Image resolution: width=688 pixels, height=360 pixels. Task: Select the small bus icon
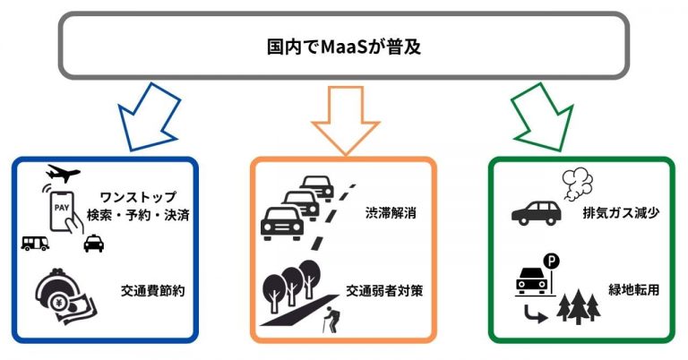(x=34, y=244)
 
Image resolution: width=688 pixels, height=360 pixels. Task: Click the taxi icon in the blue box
(x=93, y=244)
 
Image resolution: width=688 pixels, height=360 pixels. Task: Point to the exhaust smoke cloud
(x=576, y=184)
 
